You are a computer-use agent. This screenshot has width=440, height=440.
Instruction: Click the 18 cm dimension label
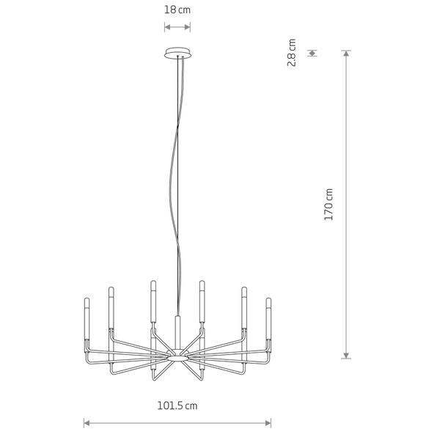(x=177, y=10)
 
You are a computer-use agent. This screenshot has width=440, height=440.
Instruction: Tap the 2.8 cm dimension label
(x=292, y=53)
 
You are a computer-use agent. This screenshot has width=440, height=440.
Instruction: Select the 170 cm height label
(x=329, y=205)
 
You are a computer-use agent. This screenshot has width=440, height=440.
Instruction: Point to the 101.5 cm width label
(x=177, y=406)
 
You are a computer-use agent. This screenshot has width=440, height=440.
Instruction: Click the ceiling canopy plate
(x=177, y=53)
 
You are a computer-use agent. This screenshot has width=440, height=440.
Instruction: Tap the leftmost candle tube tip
(x=87, y=299)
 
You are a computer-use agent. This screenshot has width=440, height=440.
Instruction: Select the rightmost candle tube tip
(x=268, y=299)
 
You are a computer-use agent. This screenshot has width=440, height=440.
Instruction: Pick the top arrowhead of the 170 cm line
(x=346, y=53)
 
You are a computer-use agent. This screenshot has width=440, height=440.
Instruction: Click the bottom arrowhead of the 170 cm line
(x=346, y=356)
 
